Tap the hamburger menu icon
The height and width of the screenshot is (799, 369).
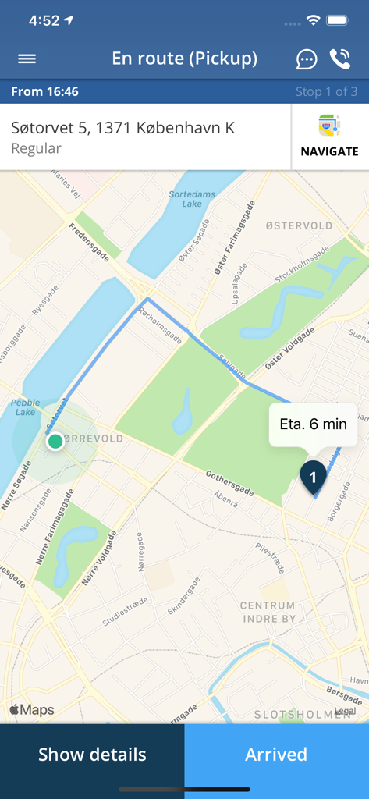click(x=27, y=59)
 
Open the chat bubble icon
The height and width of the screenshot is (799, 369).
click(x=307, y=59)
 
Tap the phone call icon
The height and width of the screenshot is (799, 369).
click(x=340, y=59)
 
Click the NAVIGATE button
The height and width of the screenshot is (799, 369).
click(x=329, y=137)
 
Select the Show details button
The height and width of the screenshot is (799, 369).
click(x=92, y=755)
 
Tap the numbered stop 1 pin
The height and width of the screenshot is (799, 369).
click(x=313, y=475)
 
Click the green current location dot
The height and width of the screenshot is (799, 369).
click(x=55, y=442)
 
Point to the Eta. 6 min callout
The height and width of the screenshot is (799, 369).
click(x=313, y=424)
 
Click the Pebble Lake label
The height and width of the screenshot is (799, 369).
click(x=26, y=407)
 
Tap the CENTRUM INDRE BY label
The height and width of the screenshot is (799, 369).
click(x=268, y=612)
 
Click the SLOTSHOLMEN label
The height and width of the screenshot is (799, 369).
click(x=301, y=714)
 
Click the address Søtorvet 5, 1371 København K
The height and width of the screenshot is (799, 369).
click(x=122, y=128)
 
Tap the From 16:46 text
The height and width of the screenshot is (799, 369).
click(x=45, y=91)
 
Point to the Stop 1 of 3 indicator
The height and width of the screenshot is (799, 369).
click(x=326, y=91)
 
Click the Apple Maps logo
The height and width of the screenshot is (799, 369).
click(x=32, y=710)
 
